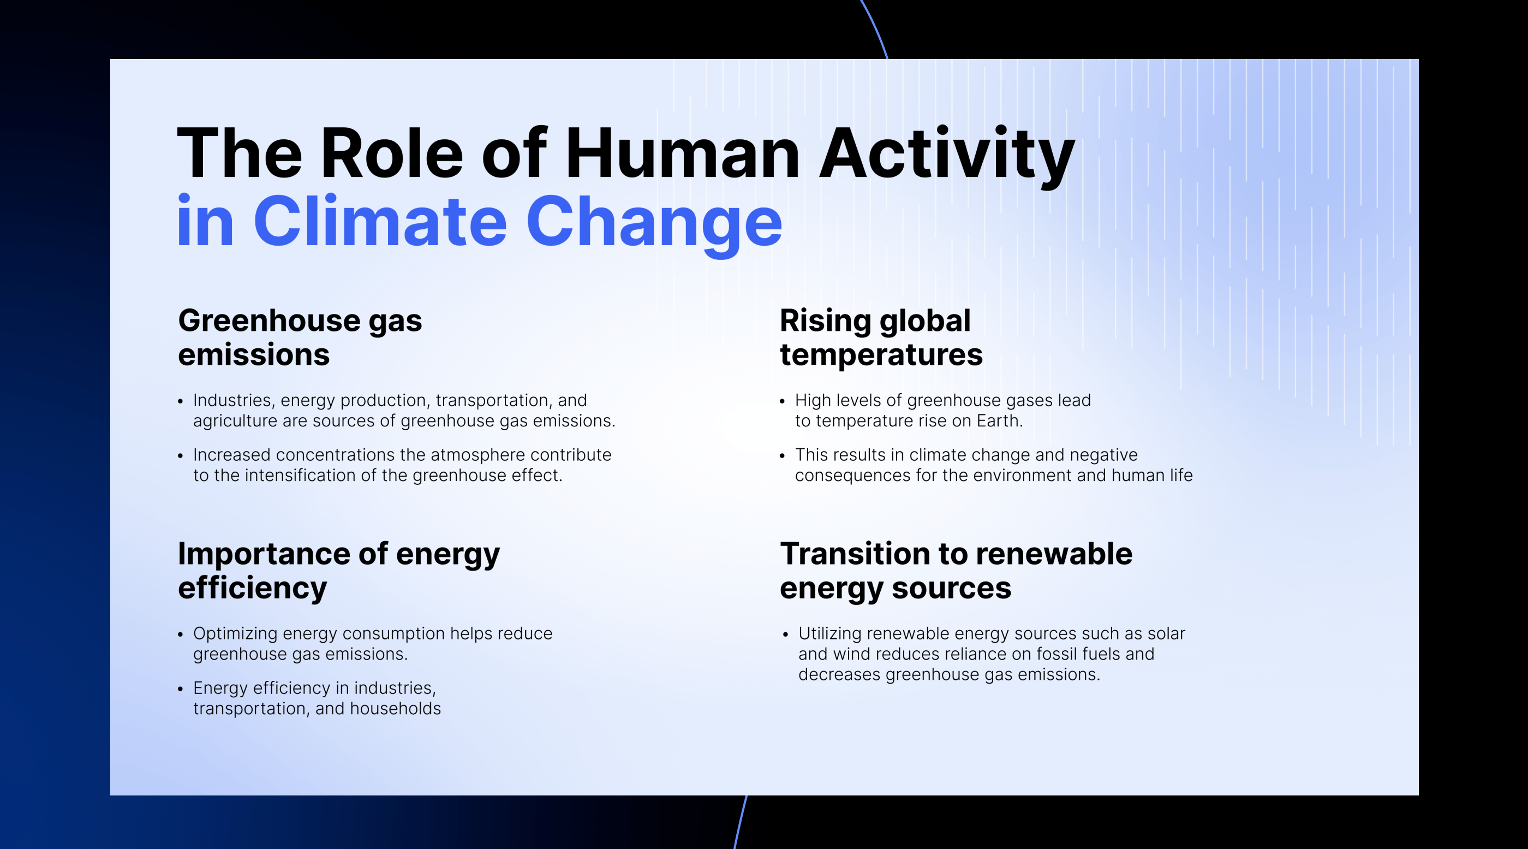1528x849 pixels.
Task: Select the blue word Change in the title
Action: coord(654,226)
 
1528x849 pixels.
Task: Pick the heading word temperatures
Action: coord(881,355)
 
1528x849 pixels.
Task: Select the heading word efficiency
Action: coord(253,589)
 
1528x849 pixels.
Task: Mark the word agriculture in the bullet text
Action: coord(236,422)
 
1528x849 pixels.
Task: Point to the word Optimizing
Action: coord(236,634)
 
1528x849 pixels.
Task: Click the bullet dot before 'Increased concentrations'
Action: coord(180,456)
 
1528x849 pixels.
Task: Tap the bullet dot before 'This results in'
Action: coord(783,456)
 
